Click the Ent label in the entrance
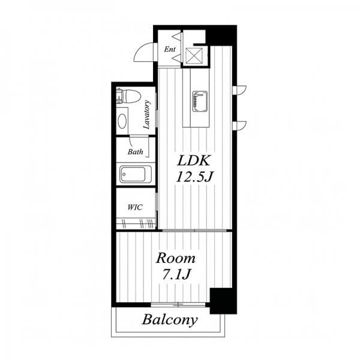(x=170, y=49)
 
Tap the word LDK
(x=193, y=161)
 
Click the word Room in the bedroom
(x=176, y=258)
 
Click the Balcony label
(x=170, y=320)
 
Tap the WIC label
(x=135, y=208)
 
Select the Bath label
(x=135, y=152)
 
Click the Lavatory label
(x=146, y=115)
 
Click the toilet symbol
(x=128, y=97)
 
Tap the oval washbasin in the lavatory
(x=122, y=121)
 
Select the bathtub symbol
(x=136, y=174)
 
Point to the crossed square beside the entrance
(x=194, y=55)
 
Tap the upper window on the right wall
(x=239, y=90)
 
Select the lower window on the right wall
(x=239, y=125)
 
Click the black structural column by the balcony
(x=223, y=301)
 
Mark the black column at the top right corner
(x=221, y=35)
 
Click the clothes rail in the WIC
(x=136, y=223)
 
